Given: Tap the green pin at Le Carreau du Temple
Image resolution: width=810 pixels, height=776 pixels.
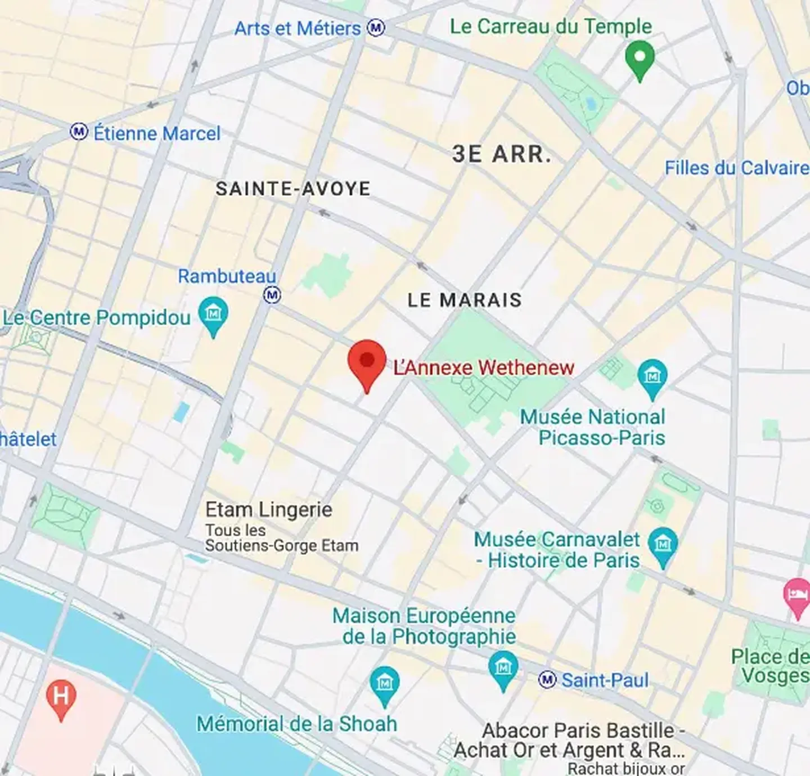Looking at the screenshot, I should pyautogui.click(x=640, y=57).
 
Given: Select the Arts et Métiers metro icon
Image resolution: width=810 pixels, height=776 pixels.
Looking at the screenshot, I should pyautogui.click(x=376, y=28).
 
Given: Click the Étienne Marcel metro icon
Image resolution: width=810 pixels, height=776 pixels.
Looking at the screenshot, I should pyautogui.click(x=79, y=132).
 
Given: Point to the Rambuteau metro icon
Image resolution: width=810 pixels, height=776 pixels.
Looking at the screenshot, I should pyautogui.click(x=272, y=295).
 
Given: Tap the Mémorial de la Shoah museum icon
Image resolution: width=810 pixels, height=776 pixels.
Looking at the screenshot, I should pyautogui.click(x=385, y=684).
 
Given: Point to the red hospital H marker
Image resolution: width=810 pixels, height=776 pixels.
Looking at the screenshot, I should pyautogui.click(x=61, y=697).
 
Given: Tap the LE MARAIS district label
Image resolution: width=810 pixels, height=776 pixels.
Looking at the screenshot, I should pyautogui.click(x=465, y=300).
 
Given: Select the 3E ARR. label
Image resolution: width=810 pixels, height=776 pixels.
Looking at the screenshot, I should pyautogui.click(x=501, y=154).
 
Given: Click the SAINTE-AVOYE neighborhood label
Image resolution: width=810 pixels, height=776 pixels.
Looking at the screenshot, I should pyautogui.click(x=293, y=189).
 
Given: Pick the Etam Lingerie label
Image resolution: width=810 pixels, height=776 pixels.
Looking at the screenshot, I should pyautogui.click(x=269, y=510).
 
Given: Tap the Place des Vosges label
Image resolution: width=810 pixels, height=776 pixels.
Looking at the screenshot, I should pyautogui.click(x=771, y=666).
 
